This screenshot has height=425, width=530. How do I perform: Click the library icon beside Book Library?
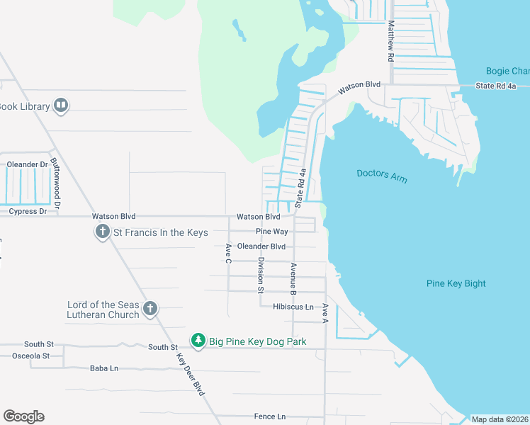[61, 106]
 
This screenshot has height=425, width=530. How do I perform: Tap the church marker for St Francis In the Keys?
[103, 232]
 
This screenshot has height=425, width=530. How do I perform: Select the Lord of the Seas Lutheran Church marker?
[150, 308]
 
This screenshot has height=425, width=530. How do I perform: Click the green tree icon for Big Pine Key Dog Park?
[199, 341]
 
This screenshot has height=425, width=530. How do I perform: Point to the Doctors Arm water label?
[381, 176]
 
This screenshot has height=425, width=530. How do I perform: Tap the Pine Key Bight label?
[456, 283]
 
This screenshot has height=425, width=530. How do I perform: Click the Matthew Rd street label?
[390, 41]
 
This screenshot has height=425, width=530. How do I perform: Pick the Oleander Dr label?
[27, 164]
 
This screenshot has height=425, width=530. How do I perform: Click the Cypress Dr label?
[28, 211]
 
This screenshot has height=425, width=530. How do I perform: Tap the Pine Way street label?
[272, 232]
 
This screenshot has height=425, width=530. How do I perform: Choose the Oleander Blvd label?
[261, 246]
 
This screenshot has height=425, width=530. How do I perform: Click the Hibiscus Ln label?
[293, 307]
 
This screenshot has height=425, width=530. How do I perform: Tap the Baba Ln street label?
[103, 368]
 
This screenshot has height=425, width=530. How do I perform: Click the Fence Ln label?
[270, 416]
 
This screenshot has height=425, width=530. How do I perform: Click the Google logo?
[23, 416]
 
